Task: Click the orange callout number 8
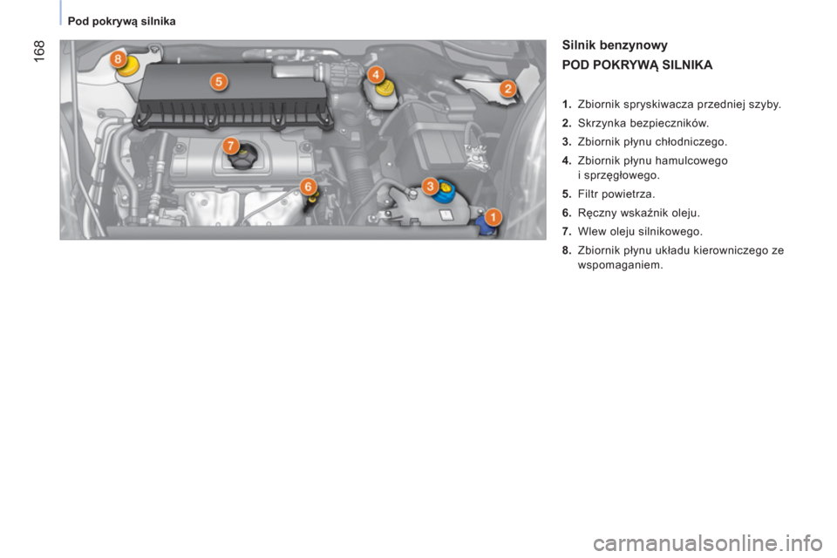(118, 58)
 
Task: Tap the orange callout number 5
(218, 82)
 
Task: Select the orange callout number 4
(376, 75)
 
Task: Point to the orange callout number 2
(507, 88)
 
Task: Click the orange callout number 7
(230, 146)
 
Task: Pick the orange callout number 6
(308, 187)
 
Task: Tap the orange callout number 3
(430, 187)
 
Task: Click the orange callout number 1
(493, 217)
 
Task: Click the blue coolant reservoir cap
(444, 192)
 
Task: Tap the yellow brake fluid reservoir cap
(385, 87)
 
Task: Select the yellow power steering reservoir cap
(129, 66)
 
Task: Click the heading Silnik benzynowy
(615, 45)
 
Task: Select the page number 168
(39, 51)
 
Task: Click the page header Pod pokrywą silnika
(122, 21)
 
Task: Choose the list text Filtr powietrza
(616, 194)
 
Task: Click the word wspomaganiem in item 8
(620, 265)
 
